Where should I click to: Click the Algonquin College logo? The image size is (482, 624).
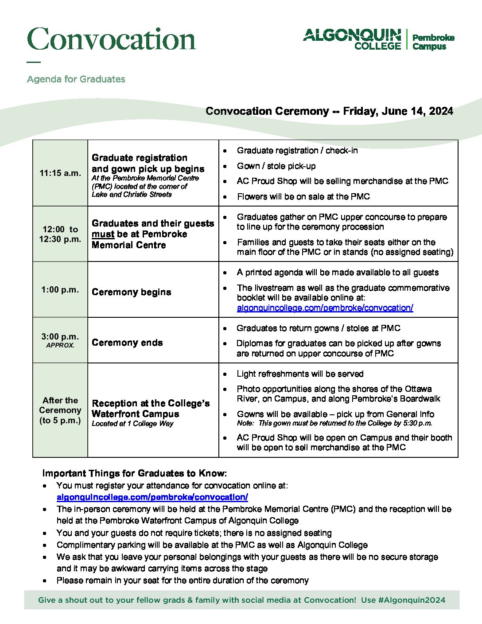pyautogui.click(x=378, y=39)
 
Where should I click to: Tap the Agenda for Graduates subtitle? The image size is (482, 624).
pyautogui.click(x=76, y=79)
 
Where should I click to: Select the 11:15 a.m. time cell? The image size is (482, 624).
pyautogui.click(x=60, y=173)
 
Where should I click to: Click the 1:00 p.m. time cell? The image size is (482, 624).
pyautogui.click(x=60, y=290)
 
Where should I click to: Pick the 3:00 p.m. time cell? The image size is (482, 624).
pyautogui.click(x=60, y=337)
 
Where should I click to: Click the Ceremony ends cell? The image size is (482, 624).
pyautogui.click(x=127, y=343)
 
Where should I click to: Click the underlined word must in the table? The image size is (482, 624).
pyautogui.click(x=103, y=234)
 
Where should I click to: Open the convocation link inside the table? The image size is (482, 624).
pyautogui.click(x=325, y=308)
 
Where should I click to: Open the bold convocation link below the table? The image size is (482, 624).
pyautogui.click(x=152, y=497)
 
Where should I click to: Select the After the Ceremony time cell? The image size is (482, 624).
pyautogui.click(x=60, y=410)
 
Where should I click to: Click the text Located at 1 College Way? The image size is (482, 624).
pyautogui.click(x=132, y=424)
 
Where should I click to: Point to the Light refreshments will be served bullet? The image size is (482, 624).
pyautogui.click(x=300, y=374)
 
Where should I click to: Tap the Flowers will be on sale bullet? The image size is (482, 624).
pyautogui.click(x=303, y=197)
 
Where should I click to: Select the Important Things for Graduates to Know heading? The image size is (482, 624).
pyautogui.click(x=134, y=473)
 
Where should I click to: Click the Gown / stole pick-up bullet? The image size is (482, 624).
pyautogui.click(x=276, y=166)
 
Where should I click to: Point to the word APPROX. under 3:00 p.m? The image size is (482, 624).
pyautogui.click(x=60, y=345)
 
